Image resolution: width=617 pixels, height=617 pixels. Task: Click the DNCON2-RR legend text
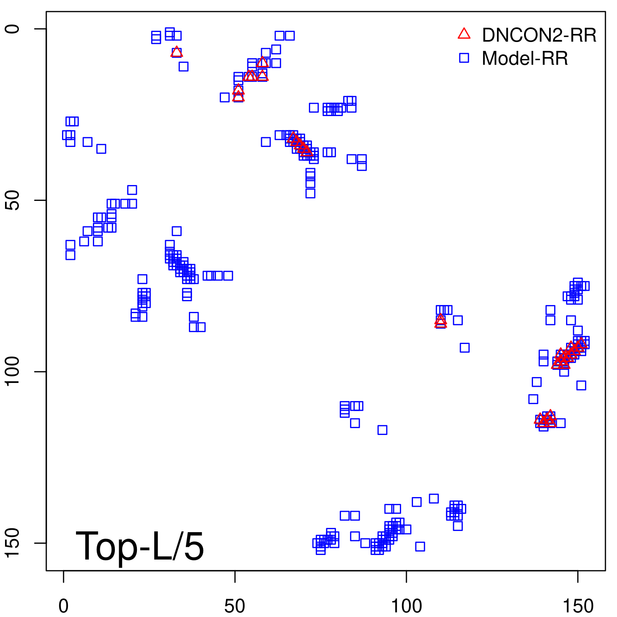pyautogui.click(x=539, y=35)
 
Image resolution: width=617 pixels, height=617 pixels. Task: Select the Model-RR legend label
pyautogui.click(x=525, y=58)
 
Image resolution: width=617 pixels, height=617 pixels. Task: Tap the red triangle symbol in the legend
pyautogui.click(x=464, y=34)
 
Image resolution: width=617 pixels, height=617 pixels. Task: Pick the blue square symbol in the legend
pyautogui.click(x=464, y=58)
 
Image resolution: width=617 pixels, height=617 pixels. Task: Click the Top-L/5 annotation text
pyautogui.click(x=140, y=546)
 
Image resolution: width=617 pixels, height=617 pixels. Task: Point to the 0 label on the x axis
pyautogui.click(x=64, y=606)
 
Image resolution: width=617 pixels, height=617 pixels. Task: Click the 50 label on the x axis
pyautogui.click(x=234, y=606)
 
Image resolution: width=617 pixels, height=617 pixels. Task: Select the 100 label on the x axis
pyautogui.click(x=406, y=606)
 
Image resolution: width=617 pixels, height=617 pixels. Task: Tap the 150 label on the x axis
pyautogui.click(x=578, y=606)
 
